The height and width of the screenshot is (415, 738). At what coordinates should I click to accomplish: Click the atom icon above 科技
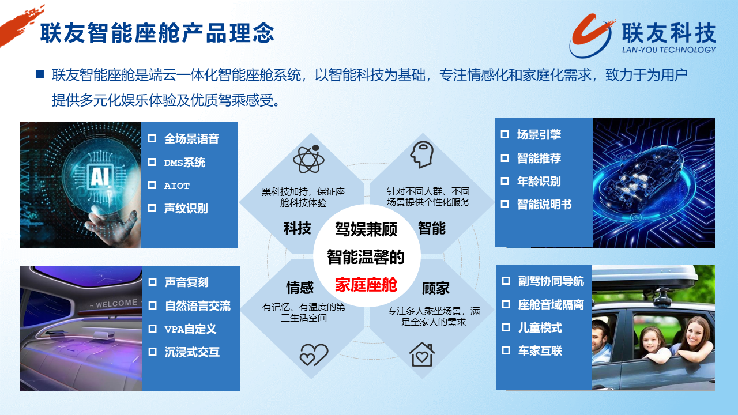[308, 159]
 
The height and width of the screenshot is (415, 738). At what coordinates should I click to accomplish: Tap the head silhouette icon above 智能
[421, 154]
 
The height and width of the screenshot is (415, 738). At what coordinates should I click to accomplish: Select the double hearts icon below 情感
[314, 354]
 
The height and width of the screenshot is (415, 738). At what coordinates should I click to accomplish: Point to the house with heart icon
[422, 354]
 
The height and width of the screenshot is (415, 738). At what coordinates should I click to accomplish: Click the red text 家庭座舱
[366, 285]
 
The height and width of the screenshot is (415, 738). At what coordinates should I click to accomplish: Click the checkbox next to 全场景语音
[152, 138]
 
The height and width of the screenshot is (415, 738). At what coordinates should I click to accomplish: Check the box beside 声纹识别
[152, 208]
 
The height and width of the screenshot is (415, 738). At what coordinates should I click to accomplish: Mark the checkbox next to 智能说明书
[504, 204]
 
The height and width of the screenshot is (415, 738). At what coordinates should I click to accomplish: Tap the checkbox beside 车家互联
[506, 350]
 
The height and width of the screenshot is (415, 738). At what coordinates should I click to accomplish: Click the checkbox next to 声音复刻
[153, 282]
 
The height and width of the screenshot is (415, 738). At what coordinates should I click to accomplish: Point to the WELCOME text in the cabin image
[116, 303]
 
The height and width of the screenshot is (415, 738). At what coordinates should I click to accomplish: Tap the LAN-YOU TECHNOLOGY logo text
[669, 50]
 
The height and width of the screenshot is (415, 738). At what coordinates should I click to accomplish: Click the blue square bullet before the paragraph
[40, 74]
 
